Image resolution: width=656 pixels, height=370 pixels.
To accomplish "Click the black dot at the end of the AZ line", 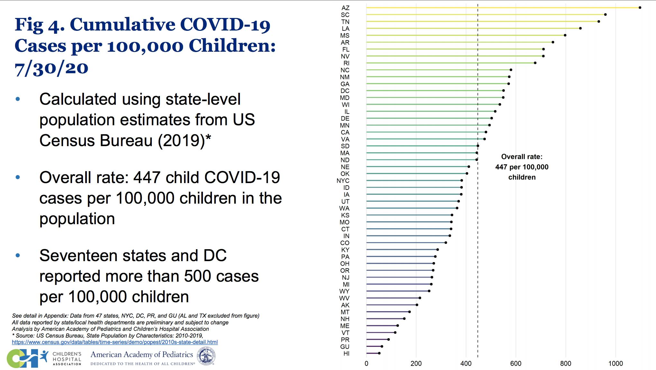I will [640, 8].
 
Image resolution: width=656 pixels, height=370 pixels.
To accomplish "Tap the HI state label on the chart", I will [346, 354].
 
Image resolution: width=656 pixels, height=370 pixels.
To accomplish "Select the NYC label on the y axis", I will [343, 181].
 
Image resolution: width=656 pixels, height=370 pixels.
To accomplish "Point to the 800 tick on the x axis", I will [566, 364].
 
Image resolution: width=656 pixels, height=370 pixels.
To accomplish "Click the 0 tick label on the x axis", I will [366, 364].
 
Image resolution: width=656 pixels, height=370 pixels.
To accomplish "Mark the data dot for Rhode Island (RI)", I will [535, 63].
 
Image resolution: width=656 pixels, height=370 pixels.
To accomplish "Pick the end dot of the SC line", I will [605, 14].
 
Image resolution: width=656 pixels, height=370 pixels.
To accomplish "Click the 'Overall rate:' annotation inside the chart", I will [522, 157].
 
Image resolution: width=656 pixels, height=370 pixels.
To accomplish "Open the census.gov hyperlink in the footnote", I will [115, 342].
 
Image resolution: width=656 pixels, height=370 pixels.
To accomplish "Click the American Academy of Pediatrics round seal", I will [206, 357].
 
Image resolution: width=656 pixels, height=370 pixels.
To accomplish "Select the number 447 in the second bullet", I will [144, 177].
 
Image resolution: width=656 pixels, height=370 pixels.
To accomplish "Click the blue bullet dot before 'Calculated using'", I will [18, 99].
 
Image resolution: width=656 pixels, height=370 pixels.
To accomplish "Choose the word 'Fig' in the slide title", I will [29, 25].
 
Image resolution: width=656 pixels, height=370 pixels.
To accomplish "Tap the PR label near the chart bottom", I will [345, 340].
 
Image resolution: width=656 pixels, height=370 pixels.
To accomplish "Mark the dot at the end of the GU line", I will [382, 346].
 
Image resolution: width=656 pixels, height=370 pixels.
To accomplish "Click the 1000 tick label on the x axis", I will [615, 364].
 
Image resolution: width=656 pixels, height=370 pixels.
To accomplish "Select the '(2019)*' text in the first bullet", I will [184, 141].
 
